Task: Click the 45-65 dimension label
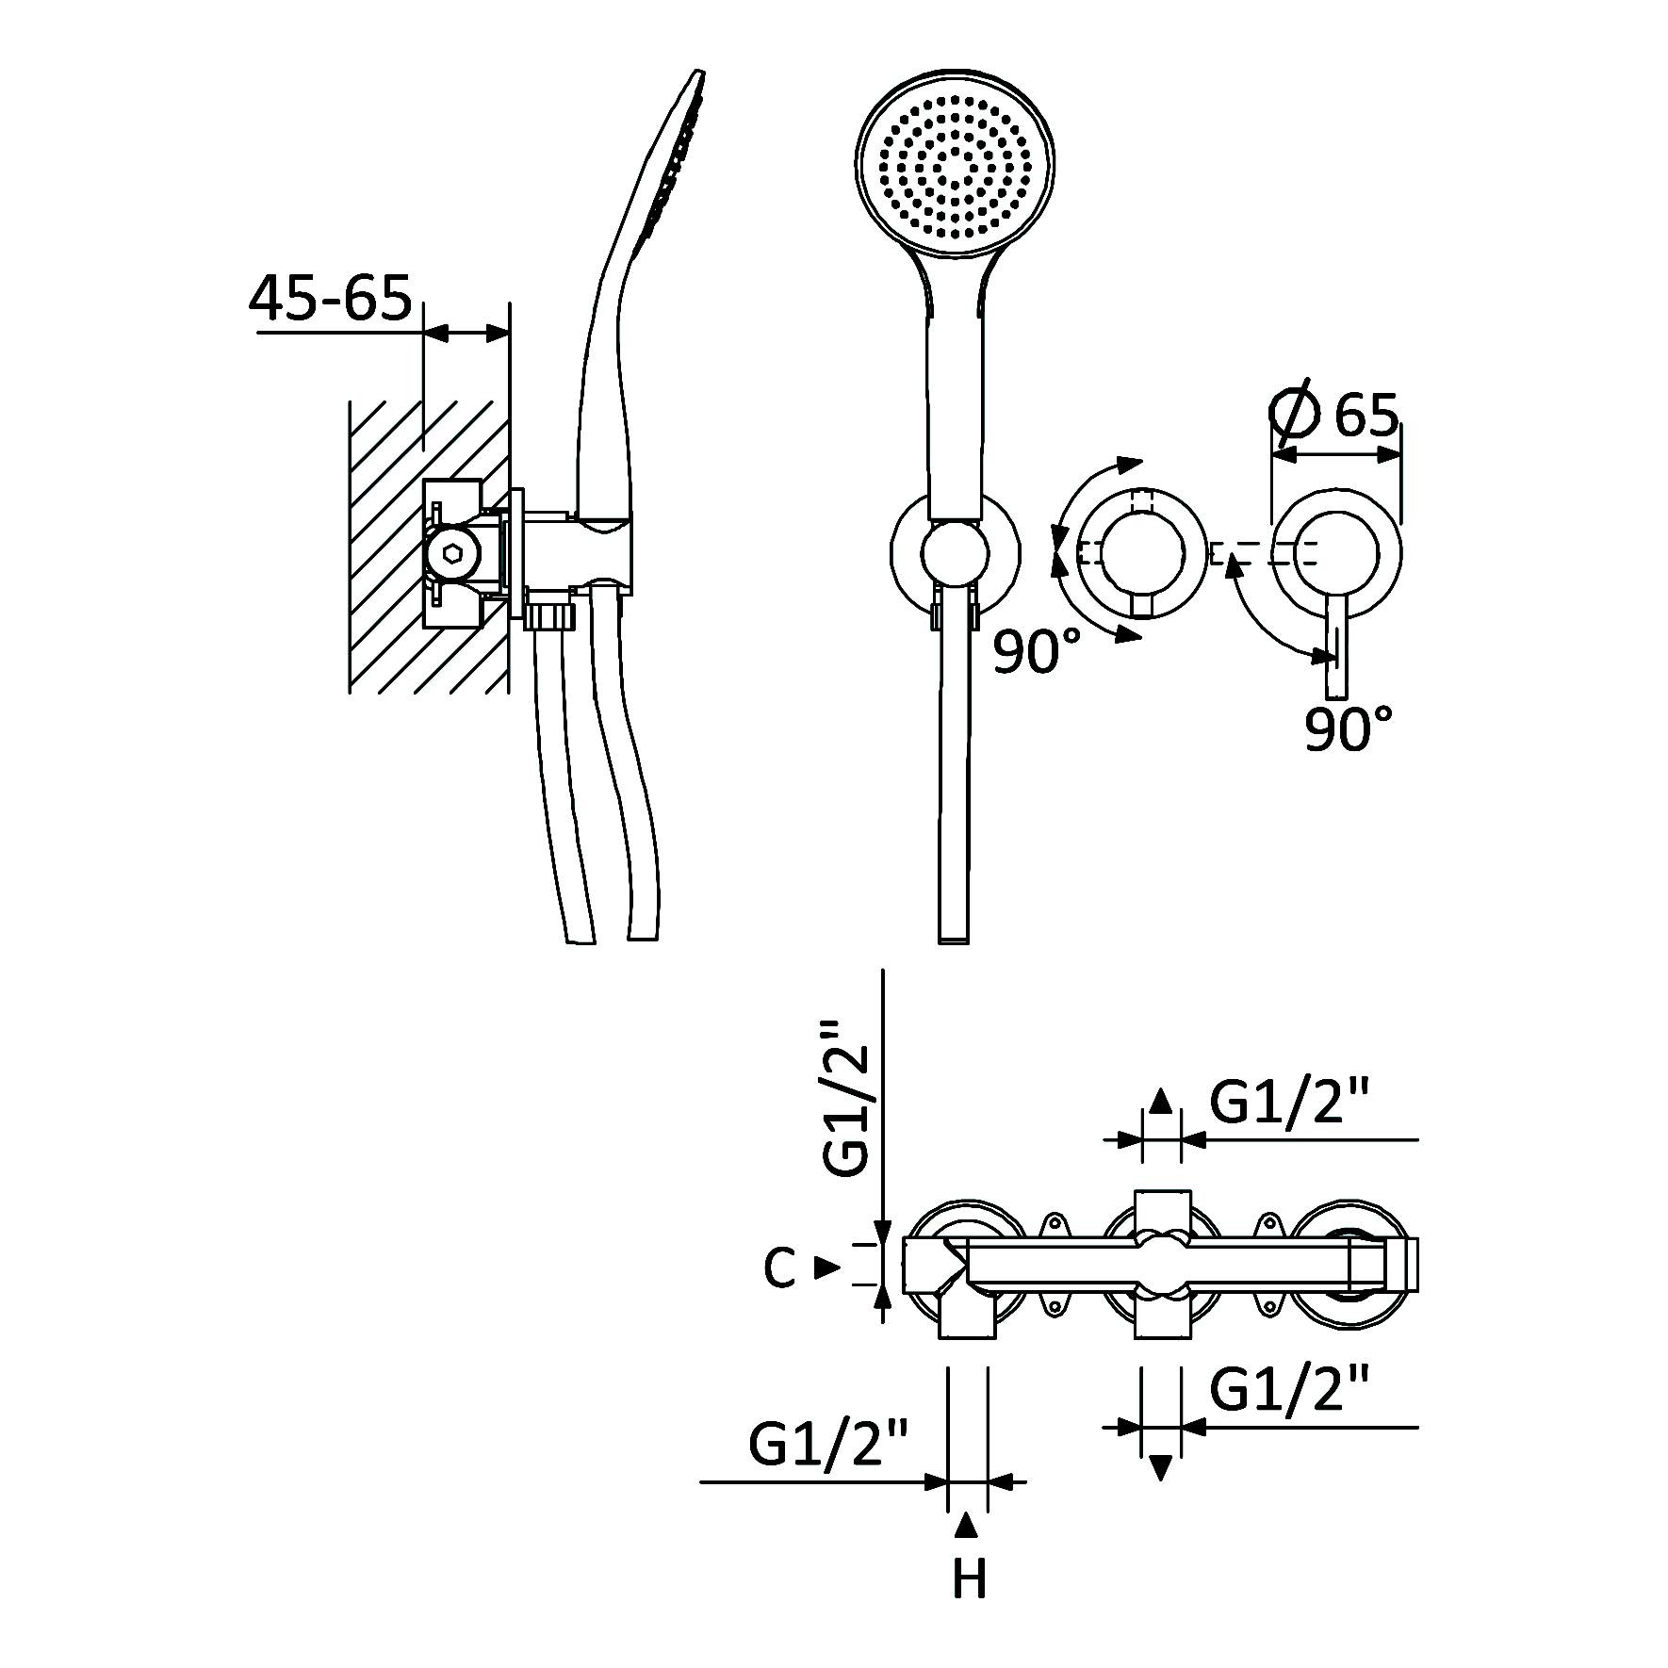click(331, 298)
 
